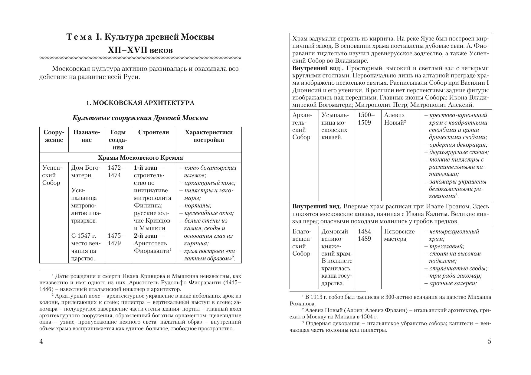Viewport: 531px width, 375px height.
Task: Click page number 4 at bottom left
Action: (41, 341)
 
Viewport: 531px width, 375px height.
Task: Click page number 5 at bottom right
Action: (490, 341)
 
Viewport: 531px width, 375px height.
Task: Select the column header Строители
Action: (153, 132)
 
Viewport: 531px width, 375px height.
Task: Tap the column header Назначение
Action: (87, 136)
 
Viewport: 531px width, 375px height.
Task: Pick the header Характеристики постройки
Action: (208, 136)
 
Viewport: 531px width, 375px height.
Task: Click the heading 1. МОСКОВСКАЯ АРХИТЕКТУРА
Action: (140, 103)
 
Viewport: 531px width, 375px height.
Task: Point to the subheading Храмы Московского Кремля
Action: (140, 158)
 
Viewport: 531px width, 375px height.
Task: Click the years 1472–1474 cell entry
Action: (114, 171)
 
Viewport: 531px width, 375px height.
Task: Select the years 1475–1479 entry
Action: (114, 240)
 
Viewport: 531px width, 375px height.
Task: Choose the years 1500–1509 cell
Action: (366, 119)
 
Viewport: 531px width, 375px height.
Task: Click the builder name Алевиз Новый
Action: (395, 119)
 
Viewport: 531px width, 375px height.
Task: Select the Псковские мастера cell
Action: (399, 235)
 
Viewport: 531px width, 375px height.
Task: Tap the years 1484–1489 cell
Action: (366, 235)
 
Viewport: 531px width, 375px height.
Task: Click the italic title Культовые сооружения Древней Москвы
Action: (140, 118)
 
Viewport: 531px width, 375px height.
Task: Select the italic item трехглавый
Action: (447, 246)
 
